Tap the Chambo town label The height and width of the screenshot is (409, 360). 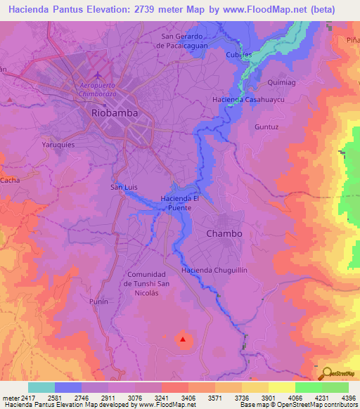(x=224, y=233)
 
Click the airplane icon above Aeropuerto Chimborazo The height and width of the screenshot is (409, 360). (x=98, y=75)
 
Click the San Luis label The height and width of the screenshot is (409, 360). (x=124, y=187)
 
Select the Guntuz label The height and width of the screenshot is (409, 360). (x=266, y=127)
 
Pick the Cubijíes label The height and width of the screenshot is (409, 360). (x=238, y=55)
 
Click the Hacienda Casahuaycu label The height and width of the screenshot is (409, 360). (x=243, y=100)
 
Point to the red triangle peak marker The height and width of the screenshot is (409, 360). (x=184, y=339)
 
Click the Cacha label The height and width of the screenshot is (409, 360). (x=10, y=181)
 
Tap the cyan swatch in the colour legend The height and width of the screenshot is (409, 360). (x=41, y=387)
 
